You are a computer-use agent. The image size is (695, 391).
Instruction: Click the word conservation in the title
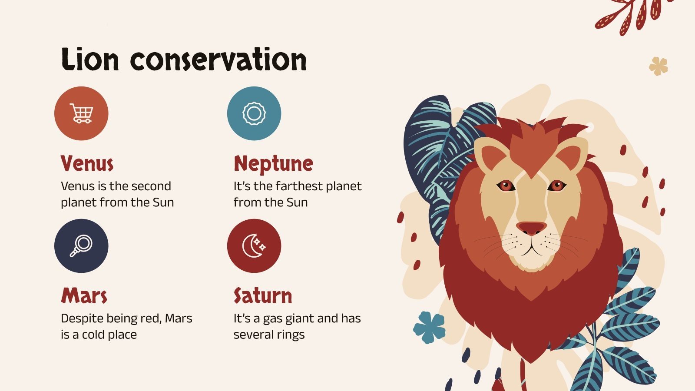(x=218, y=60)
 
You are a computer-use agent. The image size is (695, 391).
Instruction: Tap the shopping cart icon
(x=81, y=113)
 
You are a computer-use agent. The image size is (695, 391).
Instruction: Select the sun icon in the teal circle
(x=254, y=113)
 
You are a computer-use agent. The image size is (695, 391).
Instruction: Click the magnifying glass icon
(x=81, y=246)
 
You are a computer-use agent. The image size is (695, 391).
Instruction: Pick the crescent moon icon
(x=254, y=246)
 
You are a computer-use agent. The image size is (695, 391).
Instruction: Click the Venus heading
(x=87, y=164)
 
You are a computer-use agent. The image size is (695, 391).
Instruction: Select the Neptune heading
(x=273, y=164)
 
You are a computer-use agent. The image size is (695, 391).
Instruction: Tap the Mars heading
(x=84, y=296)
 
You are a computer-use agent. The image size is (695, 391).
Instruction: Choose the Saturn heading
(x=263, y=296)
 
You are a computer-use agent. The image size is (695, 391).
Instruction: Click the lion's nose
(x=532, y=228)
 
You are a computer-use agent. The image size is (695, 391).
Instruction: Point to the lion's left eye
(x=506, y=186)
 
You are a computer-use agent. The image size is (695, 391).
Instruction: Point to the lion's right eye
(x=556, y=186)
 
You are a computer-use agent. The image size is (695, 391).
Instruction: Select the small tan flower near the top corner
(x=658, y=66)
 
